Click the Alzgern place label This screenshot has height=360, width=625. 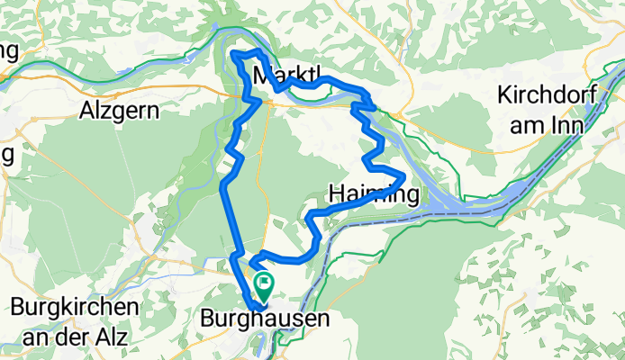(x=119, y=112)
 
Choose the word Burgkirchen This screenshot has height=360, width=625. (x=75, y=307)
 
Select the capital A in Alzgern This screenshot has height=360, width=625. (x=86, y=112)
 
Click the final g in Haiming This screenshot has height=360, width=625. (x=412, y=195)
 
